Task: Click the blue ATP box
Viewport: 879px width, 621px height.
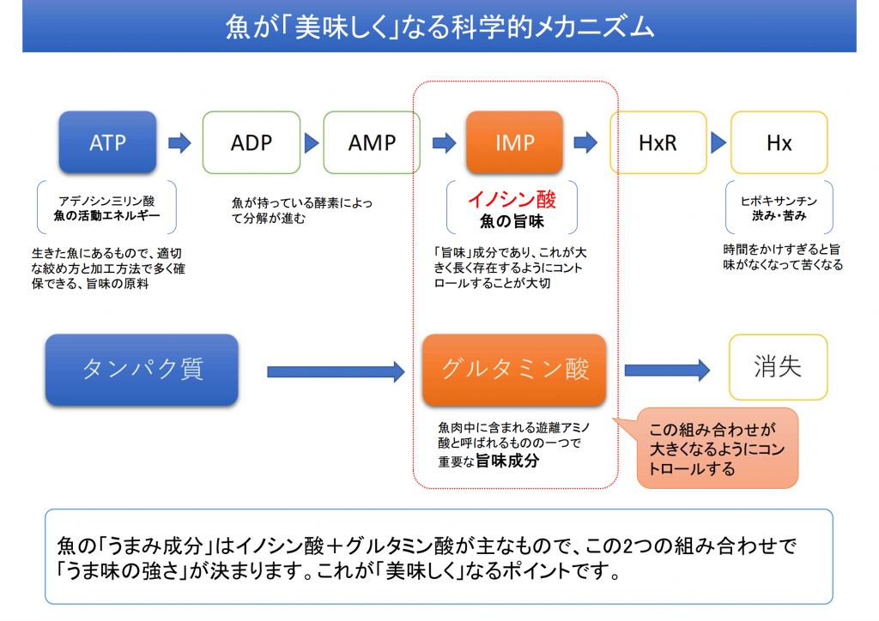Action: click(x=107, y=142)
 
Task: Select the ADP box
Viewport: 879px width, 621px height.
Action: click(x=251, y=142)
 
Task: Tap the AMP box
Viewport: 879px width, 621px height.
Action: click(x=372, y=142)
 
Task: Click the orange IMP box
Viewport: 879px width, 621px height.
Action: click(x=514, y=142)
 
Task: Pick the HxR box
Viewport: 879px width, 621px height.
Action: click(x=658, y=142)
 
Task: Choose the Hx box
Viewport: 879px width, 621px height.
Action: click(x=779, y=142)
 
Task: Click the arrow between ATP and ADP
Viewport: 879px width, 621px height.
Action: click(x=179, y=142)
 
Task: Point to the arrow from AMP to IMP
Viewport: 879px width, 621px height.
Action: click(x=443, y=142)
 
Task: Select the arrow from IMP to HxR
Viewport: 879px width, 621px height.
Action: click(x=585, y=142)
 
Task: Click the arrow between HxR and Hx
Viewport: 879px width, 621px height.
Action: click(x=716, y=142)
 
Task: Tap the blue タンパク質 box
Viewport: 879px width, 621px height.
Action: click(x=142, y=370)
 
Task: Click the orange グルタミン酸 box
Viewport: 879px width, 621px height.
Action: click(x=514, y=370)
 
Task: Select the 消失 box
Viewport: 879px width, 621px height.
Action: click(x=779, y=368)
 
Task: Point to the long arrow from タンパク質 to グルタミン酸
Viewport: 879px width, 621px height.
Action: click(x=336, y=371)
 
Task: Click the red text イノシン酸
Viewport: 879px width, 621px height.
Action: click(x=512, y=200)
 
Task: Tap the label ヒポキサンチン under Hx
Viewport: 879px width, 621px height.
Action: click(x=779, y=201)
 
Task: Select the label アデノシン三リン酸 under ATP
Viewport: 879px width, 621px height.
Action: click(x=107, y=199)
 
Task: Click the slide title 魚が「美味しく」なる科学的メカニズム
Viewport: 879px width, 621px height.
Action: click(x=439, y=27)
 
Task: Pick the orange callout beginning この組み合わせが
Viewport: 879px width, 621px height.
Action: click(x=718, y=448)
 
